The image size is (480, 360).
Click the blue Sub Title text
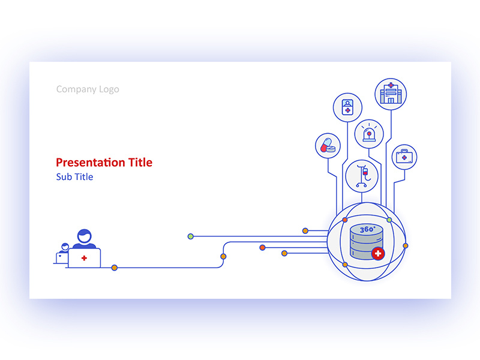[74, 177]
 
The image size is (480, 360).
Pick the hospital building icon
[391, 94]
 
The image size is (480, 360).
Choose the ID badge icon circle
[347, 107]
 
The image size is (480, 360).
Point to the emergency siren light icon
[368, 134]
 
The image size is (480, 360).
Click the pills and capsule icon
[328, 146]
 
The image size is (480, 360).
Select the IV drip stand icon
[362, 175]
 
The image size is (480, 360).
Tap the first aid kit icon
[404, 157]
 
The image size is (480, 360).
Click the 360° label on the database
[367, 230]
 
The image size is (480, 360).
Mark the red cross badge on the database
[377, 254]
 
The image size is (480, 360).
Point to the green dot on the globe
[389, 220]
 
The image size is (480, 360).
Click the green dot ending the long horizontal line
[191, 236]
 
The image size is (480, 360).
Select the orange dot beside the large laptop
[114, 268]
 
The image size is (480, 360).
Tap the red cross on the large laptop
[84, 258]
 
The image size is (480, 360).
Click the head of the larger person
[84, 235]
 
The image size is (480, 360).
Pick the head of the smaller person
[64, 247]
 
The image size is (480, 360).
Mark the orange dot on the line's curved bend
[223, 256]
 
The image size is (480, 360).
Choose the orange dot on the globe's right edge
[406, 245]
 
